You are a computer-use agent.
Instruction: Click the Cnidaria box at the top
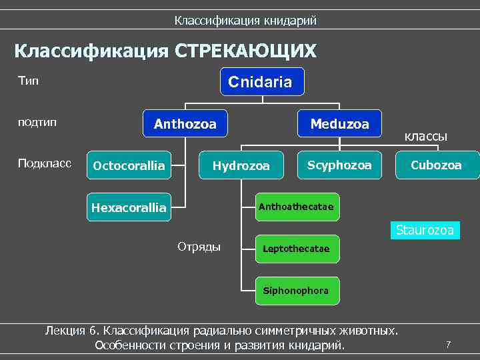click(262, 81)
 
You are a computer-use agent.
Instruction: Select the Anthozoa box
click(185, 123)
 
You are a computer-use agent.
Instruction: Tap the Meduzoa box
click(339, 123)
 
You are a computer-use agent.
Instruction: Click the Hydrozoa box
click(241, 165)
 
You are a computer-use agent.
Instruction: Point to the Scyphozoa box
click(340, 165)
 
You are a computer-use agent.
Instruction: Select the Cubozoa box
click(437, 165)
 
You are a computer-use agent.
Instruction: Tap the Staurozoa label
click(425, 231)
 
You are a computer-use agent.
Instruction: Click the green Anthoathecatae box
click(296, 207)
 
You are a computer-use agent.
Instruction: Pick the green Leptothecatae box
click(296, 249)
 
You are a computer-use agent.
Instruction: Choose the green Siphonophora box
click(296, 291)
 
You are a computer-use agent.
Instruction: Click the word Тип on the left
click(29, 81)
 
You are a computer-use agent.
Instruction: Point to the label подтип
click(37, 123)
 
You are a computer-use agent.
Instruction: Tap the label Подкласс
click(45, 164)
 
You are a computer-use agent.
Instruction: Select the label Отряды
click(199, 247)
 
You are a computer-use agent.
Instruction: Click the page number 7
click(448, 345)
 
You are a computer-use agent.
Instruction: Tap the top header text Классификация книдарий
click(245, 21)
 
